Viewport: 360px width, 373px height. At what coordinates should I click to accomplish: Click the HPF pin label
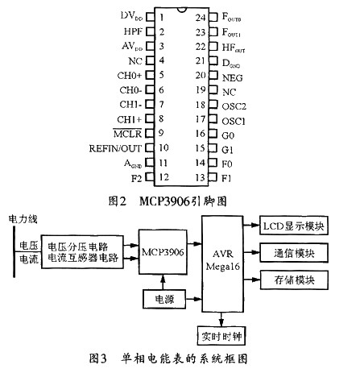tap(132, 31)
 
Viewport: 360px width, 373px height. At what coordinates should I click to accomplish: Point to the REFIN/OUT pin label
tap(118, 148)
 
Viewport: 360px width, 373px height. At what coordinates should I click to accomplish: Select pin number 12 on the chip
tap(163, 177)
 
